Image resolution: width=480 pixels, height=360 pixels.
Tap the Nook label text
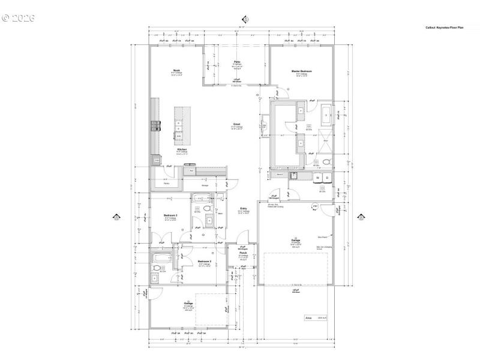[x=177, y=70]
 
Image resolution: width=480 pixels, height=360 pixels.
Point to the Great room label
[x=237, y=124]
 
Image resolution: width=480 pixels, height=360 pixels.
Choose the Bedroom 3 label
[x=170, y=215]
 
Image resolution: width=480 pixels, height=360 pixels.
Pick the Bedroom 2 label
[x=205, y=262]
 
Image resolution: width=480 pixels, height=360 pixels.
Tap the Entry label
[x=244, y=208]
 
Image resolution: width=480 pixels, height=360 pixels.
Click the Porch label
[x=243, y=253]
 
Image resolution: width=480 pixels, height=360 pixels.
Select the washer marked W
[x=317, y=178]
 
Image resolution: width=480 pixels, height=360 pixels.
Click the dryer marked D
[x=327, y=178]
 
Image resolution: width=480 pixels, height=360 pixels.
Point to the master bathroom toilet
[x=326, y=162]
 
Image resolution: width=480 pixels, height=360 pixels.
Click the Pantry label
[x=166, y=182]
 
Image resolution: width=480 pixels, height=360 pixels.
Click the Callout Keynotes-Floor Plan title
[x=445, y=28]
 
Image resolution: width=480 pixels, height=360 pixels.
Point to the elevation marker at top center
[x=244, y=19]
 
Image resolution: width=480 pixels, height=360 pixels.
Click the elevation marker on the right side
[x=361, y=218]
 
